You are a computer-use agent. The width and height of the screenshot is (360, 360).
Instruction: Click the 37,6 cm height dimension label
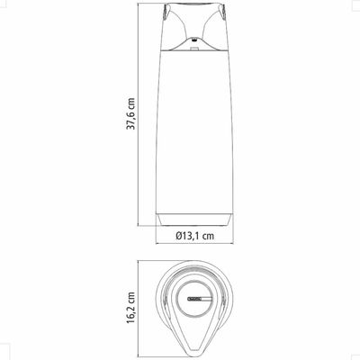130,113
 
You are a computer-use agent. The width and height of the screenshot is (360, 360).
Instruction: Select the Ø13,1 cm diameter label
195,236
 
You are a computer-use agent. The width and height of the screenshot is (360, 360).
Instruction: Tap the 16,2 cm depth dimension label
130,308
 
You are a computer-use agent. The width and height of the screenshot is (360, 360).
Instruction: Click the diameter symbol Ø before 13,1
179,236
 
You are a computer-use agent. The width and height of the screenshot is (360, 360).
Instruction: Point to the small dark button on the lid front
194,39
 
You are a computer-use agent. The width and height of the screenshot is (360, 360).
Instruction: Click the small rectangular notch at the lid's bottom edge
194,48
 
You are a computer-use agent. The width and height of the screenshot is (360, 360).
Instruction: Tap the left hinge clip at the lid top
166,12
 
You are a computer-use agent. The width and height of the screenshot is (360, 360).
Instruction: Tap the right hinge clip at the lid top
223,12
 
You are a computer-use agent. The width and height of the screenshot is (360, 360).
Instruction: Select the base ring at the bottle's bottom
194,220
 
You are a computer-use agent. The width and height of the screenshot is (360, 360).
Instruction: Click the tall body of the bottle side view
194,132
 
